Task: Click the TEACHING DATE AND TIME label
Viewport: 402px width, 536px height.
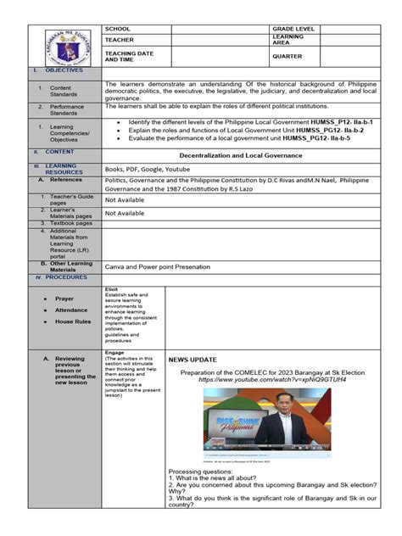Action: pos(125,57)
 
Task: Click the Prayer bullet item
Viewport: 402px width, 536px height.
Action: pos(64,299)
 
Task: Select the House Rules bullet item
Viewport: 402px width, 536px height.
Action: pos(71,322)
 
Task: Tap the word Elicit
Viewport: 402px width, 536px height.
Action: pos(112,289)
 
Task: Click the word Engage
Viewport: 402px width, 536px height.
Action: pos(114,352)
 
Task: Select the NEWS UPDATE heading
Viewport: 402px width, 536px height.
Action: pos(193,360)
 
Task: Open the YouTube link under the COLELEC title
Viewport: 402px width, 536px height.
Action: pos(260,379)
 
